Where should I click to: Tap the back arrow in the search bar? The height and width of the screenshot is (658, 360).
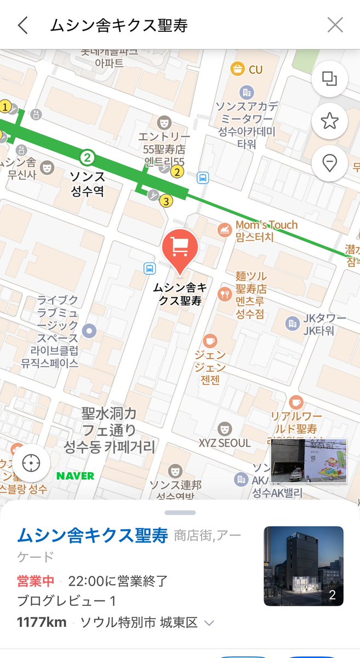point(22,25)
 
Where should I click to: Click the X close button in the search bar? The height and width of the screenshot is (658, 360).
point(335,25)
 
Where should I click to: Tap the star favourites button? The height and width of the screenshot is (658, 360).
point(329,121)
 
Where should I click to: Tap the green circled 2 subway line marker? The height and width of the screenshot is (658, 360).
point(87,158)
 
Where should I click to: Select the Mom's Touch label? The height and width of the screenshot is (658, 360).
point(266,225)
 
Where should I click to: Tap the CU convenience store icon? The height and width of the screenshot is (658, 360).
point(237,69)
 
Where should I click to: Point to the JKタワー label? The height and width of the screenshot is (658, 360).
point(325,319)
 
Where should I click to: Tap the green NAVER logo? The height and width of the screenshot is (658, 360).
point(76,475)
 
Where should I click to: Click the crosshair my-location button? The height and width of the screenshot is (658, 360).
point(31,463)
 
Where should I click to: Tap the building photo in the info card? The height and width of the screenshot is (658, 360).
point(304,566)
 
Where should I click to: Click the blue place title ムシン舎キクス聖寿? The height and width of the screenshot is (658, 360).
point(93,536)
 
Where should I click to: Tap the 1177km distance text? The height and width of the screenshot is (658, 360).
point(42,622)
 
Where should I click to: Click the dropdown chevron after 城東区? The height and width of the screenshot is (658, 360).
point(209,623)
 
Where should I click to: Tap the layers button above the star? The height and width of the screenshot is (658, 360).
point(329,78)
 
